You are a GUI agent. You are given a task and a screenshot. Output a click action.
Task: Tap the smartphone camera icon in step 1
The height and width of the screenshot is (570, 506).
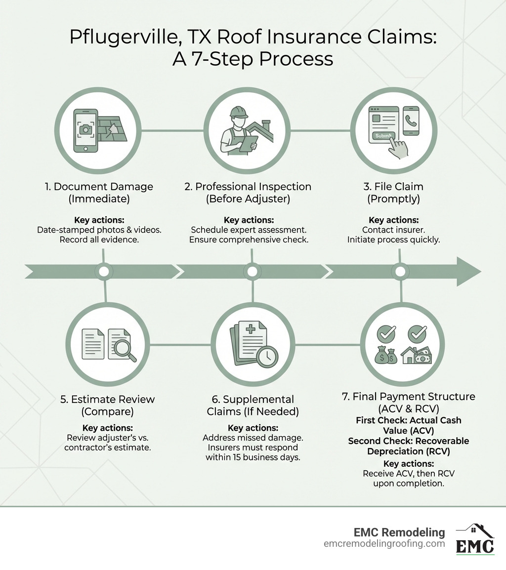[x=85, y=129]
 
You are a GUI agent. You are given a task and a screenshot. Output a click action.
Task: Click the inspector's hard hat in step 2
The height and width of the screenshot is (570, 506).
[x=238, y=110]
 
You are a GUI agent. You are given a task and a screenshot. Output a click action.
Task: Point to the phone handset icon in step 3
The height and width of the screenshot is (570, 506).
[x=411, y=121]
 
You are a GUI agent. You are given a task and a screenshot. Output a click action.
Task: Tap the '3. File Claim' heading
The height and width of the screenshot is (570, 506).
[x=394, y=187]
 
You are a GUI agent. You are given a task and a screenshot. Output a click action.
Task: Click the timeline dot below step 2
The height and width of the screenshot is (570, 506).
[x=252, y=271]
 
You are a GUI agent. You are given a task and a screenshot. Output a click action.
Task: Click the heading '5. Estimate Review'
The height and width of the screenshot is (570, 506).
[x=107, y=399]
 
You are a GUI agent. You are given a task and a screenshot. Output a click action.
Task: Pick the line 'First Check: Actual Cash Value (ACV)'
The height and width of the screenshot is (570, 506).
[x=408, y=425]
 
